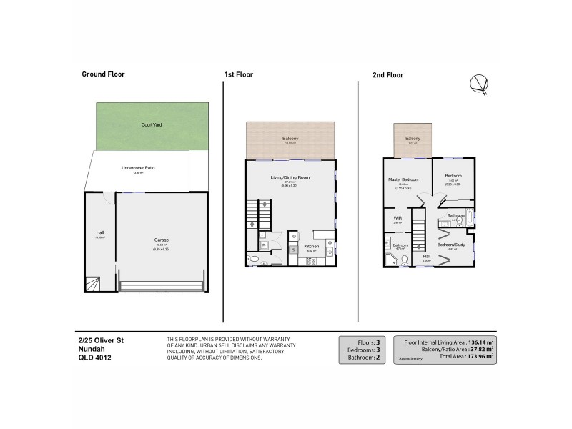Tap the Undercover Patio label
[x=138, y=168]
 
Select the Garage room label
[x=162, y=240]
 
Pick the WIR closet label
[x=397, y=218]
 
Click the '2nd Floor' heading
[x=388, y=74]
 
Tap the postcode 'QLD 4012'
[x=94, y=359]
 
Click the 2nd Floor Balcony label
[x=413, y=139]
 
